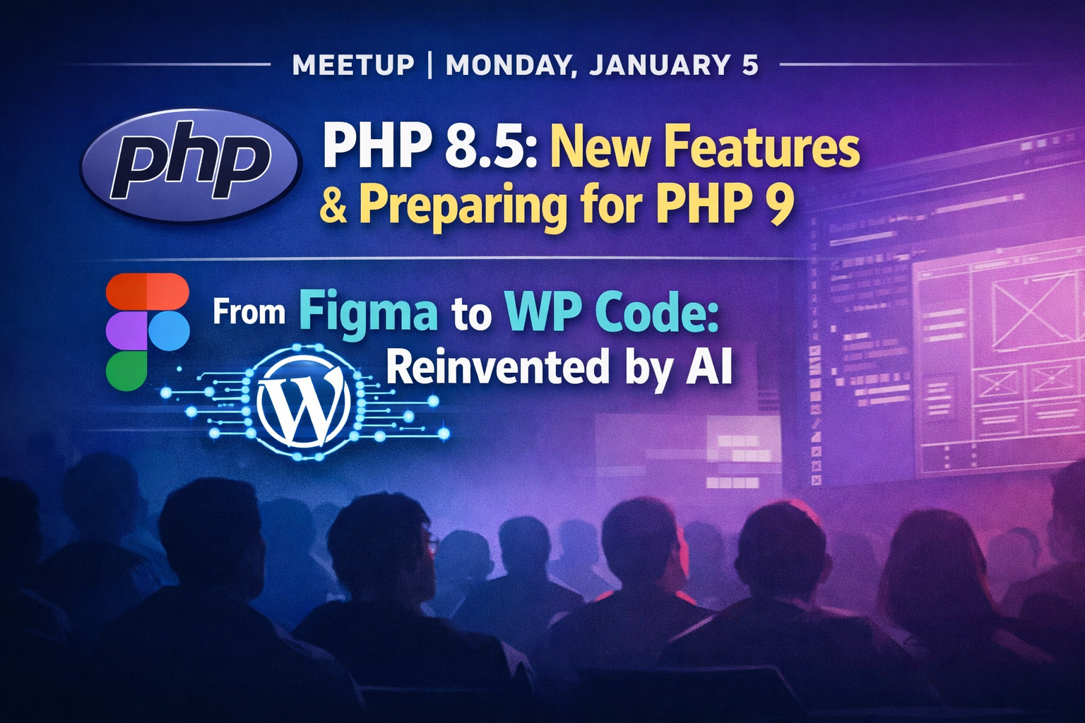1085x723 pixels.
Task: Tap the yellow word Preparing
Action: [463, 208]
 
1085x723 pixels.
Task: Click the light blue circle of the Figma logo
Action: [168, 330]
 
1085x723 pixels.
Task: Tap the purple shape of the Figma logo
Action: [126, 330]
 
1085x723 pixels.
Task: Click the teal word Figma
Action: [371, 313]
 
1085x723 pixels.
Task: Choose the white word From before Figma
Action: [249, 313]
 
